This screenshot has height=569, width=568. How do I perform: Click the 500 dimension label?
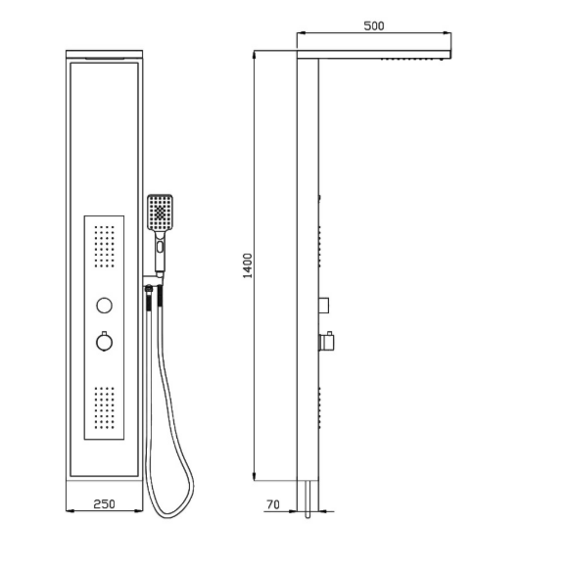[x=373, y=26]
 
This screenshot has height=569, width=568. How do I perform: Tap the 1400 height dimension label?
[x=248, y=265]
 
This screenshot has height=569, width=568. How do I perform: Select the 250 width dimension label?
[x=104, y=504]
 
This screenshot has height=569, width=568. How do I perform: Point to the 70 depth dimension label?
[x=273, y=504]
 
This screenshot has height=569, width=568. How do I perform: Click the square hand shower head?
[x=160, y=213]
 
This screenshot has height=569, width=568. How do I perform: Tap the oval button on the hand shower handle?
[x=160, y=247]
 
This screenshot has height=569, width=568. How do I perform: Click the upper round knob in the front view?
[x=104, y=306]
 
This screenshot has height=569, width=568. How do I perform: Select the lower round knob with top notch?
[x=104, y=342]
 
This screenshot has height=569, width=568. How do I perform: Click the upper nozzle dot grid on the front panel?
[x=105, y=247]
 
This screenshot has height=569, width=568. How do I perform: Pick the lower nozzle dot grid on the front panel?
[x=105, y=407]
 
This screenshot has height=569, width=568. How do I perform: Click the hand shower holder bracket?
[x=153, y=280]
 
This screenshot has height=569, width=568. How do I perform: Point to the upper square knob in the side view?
[x=324, y=306]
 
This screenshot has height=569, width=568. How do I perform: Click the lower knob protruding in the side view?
[x=327, y=342]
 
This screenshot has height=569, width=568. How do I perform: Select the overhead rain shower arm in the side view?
[x=374, y=55]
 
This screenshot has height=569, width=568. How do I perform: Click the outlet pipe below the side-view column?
[x=308, y=498]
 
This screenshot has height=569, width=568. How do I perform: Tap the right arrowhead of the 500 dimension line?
[x=448, y=33]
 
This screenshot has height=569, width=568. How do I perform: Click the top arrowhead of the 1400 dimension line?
[x=255, y=54]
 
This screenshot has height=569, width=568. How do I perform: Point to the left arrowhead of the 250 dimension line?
[x=70, y=511]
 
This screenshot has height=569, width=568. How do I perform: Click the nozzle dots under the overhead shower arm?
[x=412, y=59]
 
